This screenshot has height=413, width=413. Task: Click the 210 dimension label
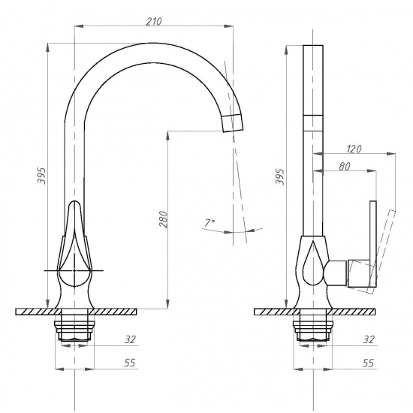point(154,22)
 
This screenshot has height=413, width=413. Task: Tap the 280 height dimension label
point(163,219)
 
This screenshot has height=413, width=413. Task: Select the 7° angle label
point(210,222)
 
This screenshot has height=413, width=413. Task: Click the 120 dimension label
point(354,149)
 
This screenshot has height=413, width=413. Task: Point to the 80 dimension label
point(345,167)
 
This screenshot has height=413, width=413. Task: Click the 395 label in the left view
point(41,176)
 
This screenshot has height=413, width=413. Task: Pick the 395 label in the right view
point(280,176)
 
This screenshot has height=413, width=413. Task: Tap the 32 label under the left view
point(130,339)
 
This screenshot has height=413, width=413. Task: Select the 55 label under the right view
point(368,363)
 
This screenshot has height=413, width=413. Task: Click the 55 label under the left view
point(130,363)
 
